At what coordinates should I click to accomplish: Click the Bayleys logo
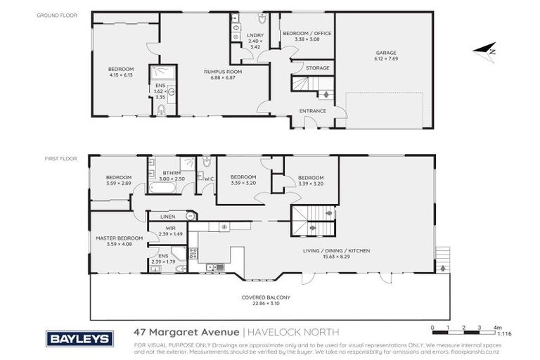point(79,338)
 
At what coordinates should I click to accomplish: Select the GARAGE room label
point(385,53)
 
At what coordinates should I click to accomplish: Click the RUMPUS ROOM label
point(218,70)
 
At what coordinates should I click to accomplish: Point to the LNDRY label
point(255,34)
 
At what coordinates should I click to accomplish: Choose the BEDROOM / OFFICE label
point(307,33)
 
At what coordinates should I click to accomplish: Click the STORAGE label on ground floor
point(317,68)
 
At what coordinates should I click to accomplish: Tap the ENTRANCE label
point(313,110)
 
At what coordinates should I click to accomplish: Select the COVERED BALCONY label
point(266,297)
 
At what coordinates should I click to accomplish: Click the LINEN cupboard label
point(167,217)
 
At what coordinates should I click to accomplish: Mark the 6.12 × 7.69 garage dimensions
point(385,59)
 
